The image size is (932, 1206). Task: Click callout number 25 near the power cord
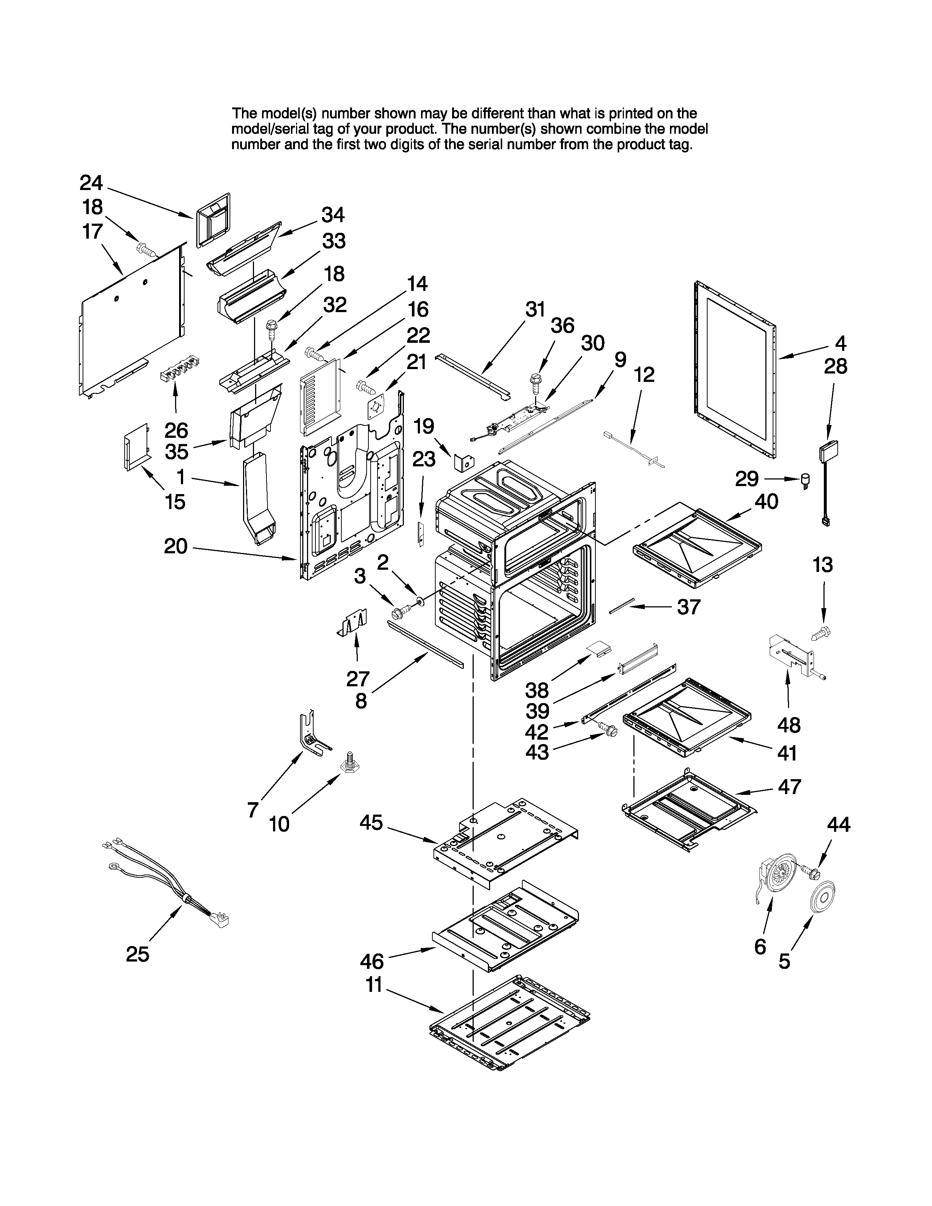[x=137, y=953]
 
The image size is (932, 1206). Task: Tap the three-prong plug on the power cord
[x=222, y=919]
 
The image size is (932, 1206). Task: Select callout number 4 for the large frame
[x=840, y=344]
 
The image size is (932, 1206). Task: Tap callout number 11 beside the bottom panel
[x=374, y=985]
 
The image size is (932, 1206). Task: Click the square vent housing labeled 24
[x=213, y=219]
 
